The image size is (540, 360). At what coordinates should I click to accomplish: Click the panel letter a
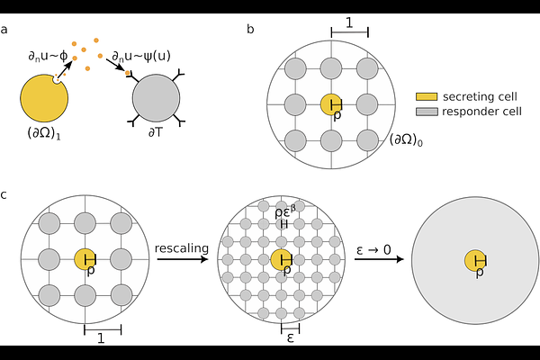click(x=5, y=30)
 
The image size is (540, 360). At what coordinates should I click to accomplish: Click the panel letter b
click(x=250, y=30)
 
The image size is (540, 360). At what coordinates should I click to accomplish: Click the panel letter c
click(x=5, y=194)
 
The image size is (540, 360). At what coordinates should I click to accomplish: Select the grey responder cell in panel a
click(x=161, y=100)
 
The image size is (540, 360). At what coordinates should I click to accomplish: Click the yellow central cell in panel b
click(x=330, y=103)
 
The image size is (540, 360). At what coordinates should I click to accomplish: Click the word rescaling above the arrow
click(x=184, y=247)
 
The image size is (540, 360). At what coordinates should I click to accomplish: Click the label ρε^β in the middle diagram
click(x=283, y=211)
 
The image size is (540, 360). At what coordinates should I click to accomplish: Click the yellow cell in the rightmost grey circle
click(x=478, y=261)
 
